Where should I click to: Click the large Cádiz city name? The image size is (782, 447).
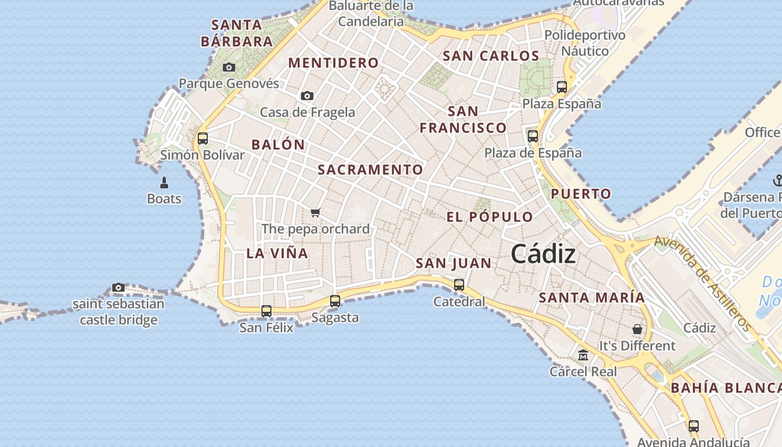point(543,254)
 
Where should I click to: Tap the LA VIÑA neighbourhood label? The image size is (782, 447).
point(277,253)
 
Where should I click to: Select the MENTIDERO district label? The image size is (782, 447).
point(333,63)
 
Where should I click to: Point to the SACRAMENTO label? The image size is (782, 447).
point(370,169)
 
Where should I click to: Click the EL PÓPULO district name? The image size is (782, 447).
point(490,217)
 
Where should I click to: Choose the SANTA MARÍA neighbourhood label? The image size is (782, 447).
point(592,298)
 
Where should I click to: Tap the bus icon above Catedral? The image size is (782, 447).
point(459,284)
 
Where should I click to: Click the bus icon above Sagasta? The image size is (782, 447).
point(335,301)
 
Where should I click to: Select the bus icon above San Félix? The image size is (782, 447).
point(266,311)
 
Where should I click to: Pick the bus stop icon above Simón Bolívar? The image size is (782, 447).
point(203,138)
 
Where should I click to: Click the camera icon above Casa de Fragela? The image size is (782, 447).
point(307,96)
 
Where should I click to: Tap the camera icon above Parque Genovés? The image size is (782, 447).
point(229,67)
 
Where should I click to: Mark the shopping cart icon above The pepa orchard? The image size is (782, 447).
point(316,212)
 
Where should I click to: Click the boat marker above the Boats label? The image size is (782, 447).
point(164,182)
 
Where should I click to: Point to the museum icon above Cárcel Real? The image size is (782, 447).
point(583,355)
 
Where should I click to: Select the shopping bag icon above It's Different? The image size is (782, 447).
point(637,329)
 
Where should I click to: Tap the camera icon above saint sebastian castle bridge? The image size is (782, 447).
point(118,288)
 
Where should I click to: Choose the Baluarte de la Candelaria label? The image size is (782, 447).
point(371,14)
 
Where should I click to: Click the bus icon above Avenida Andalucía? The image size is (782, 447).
point(694,426)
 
